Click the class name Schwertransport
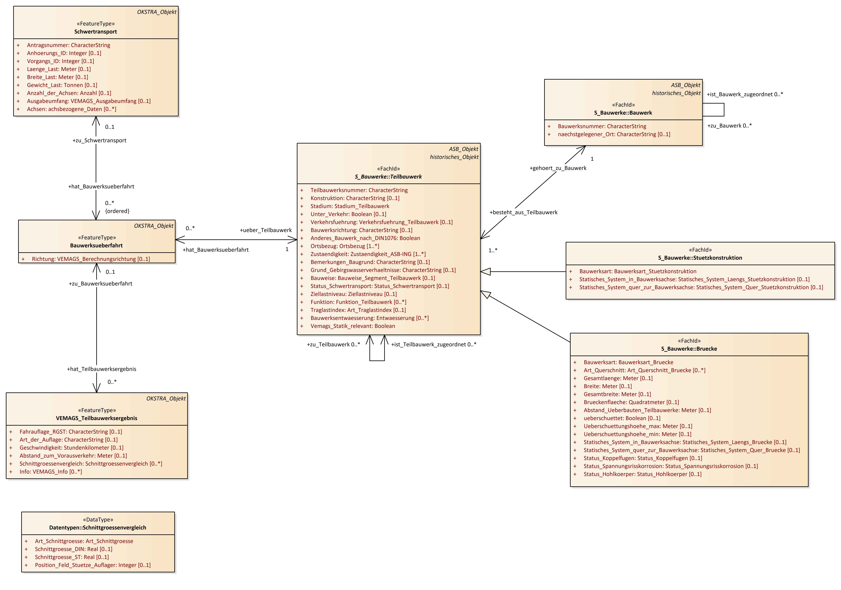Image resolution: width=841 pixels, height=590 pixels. tap(96, 32)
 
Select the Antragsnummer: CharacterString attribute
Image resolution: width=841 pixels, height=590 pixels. tap(68, 45)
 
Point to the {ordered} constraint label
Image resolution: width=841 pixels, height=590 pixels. tap(117, 211)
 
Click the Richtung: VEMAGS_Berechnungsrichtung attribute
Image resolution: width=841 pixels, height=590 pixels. tap(91, 259)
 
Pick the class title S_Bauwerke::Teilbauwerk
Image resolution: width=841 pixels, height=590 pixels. tap(388, 177)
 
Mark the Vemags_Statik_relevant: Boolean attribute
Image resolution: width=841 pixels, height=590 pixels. tap(353, 326)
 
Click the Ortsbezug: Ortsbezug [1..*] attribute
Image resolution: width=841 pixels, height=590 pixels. tap(345, 246)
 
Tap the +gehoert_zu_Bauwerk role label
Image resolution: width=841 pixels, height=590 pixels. tap(558, 168)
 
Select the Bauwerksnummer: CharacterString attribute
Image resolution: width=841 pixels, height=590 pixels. tap(602, 126)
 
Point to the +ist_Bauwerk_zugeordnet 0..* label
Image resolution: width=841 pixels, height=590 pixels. tap(745, 94)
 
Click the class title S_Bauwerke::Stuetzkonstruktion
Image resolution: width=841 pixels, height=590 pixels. tap(700, 258)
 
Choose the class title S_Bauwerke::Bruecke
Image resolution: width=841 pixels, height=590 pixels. tap(689, 349)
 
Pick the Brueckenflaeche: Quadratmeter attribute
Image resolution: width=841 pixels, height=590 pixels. tap(631, 402)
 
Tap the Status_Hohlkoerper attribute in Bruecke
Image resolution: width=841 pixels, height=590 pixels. tap(642, 474)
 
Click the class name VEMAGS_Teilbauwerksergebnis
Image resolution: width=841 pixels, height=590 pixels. tap(97, 418)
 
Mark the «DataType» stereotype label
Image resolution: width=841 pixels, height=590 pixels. tap(98, 520)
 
